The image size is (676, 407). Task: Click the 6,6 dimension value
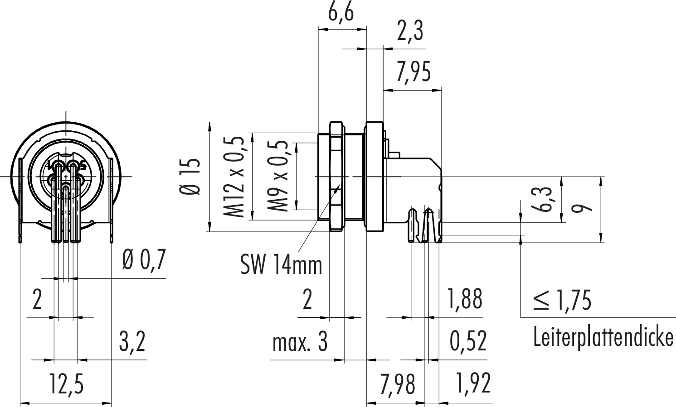[340, 13]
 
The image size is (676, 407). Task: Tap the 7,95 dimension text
[413, 72]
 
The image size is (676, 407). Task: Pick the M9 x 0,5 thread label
[277, 177]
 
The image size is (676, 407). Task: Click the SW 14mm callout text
[281, 264]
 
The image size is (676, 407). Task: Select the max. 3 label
[300, 342]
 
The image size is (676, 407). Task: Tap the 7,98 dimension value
[398, 384]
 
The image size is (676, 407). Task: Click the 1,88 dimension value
[465, 299]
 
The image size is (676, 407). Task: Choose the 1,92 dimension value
[472, 383]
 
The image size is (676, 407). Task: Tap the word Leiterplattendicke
[603, 337]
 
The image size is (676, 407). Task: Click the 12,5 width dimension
[67, 384]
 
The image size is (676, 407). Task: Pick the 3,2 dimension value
[132, 341]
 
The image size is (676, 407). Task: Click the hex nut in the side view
[336, 177]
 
